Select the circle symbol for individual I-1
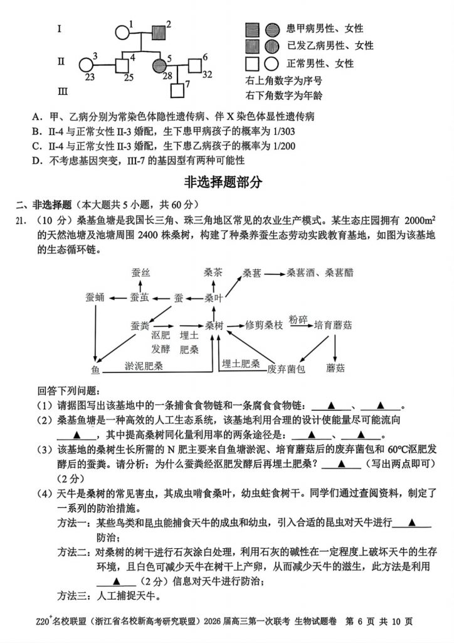pyautogui.click(x=122, y=33)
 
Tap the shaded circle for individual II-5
pyautogui.click(x=158, y=65)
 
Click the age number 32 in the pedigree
pyautogui.click(x=207, y=76)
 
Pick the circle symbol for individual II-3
pyautogui.click(x=87, y=65)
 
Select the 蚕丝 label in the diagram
pyautogui.click(x=141, y=273)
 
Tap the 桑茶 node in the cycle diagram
pyautogui.click(x=213, y=273)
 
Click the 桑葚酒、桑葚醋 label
pyautogui.click(x=320, y=273)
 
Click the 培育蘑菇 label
pyautogui.click(x=332, y=325)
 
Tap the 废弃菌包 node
pyautogui.click(x=286, y=369)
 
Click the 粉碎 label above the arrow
pyautogui.click(x=298, y=319)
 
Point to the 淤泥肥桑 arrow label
pyautogui.click(x=144, y=365)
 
